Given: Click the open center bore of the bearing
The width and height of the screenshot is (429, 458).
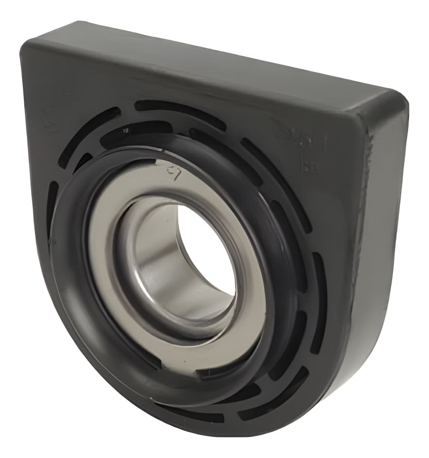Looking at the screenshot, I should (x=206, y=253).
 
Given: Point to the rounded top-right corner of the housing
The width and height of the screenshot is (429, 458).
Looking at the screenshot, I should (x=396, y=97).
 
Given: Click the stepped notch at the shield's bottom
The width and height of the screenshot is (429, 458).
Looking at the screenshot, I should (x=209, y=374).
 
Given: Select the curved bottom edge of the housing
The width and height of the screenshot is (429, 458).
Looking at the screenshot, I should (x=146, y=423).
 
